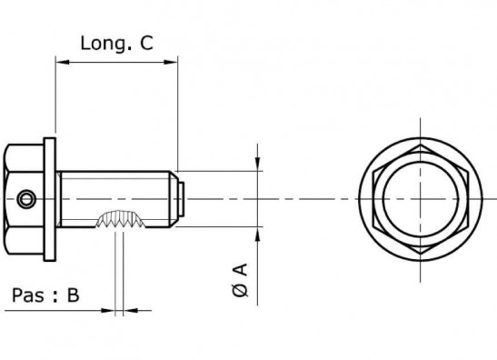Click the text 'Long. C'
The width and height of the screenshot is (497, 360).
coord(116,44)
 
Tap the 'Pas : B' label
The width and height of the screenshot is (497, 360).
coord(45,295)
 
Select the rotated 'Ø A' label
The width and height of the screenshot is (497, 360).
coord(240,280)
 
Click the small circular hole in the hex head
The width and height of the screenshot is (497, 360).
coord(26,199)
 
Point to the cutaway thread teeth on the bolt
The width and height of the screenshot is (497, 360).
coord(121,219)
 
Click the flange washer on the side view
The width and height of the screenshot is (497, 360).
coord(49,199)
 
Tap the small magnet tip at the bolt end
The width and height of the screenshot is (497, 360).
coord(181,199)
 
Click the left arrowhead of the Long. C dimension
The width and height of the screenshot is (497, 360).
coord(62,62)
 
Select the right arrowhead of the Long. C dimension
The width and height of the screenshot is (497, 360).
coord(171,62)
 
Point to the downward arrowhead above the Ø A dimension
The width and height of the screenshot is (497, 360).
coord(257,164)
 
